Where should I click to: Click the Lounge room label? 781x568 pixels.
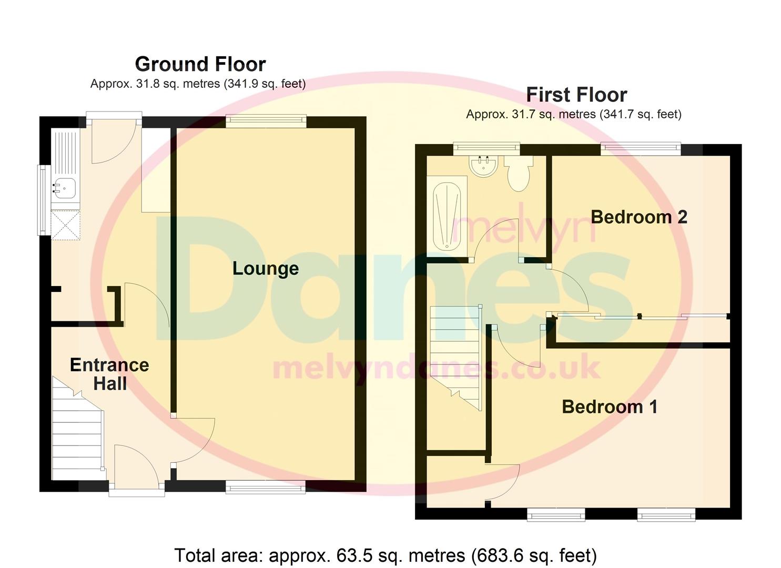click(266, 269)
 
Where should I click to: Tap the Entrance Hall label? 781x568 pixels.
click(109, 374)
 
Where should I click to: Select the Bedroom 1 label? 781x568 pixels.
click(610, 407)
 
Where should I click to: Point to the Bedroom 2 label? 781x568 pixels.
click(639, 217)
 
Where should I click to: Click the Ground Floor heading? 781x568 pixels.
click(200, 64)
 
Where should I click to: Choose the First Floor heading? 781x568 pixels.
click(576, 95)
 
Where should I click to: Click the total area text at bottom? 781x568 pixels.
click(385, 555)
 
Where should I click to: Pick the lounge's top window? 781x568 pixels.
click(266, 120)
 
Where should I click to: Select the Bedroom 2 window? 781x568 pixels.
click(641, 148)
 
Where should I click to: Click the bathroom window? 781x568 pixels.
click(486, 148)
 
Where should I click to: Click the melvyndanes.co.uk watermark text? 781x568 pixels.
click(436, 368)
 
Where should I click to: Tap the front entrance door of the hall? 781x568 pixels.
click(136, 492)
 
